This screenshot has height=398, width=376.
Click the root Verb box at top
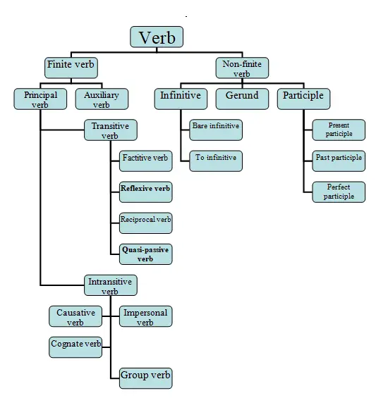pos(157,38)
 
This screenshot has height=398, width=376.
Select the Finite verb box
pos(71,68)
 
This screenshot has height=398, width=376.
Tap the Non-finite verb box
pos(242,68)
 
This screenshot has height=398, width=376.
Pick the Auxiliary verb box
pos(102,99)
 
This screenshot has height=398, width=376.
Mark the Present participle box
pos(339,130)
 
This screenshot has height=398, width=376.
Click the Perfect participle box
pos(339,192)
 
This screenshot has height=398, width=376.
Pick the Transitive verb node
pos(111,130)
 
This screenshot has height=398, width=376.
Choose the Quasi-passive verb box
pos(145,254)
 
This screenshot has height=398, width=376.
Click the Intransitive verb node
pos(110,285)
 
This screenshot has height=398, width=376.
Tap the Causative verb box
pos(75,317)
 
